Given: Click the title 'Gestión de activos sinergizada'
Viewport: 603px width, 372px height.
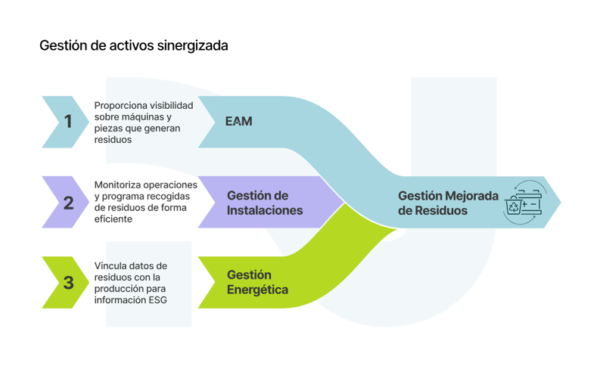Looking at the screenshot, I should (x=133, y=46).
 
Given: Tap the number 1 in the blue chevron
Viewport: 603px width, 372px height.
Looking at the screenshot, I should (x=68, y=121).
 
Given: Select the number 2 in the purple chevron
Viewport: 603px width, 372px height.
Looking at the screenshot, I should (x=68, y=203).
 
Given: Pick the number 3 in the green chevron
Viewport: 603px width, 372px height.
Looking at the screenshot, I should (x=68, y=284).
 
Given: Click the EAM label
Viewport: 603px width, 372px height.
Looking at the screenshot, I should (x=238, y=121).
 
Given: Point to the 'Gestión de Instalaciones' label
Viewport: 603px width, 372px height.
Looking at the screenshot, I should (x=264, y=203).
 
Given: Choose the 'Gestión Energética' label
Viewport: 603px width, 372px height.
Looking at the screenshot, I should (x=257, y=282).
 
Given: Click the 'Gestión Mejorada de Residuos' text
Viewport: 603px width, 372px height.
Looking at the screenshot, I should (x=448, y=203).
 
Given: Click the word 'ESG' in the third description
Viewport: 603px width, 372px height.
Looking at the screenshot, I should (x=155, y=300).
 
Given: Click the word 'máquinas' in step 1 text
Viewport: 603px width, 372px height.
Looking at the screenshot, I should (x=141, y=117).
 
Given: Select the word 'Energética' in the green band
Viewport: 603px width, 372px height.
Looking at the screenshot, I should (x=257, y=290).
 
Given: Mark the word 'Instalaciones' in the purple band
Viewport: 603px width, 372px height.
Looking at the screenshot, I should (x=264, y=211).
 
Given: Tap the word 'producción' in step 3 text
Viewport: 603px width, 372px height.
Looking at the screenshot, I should (x=118, y=289).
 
